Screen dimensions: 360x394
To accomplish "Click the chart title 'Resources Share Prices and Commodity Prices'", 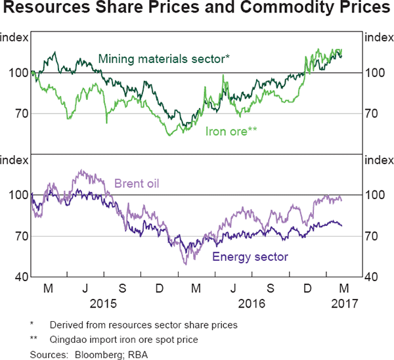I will [196, 10].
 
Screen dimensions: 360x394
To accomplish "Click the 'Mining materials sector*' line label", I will [164, 59].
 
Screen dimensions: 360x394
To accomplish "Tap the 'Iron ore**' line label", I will [230, 131].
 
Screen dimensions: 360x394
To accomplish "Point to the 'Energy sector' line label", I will [250, 256].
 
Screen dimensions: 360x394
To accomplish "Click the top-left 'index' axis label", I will [14, 37].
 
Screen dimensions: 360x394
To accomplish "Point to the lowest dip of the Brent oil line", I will [185, 263].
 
